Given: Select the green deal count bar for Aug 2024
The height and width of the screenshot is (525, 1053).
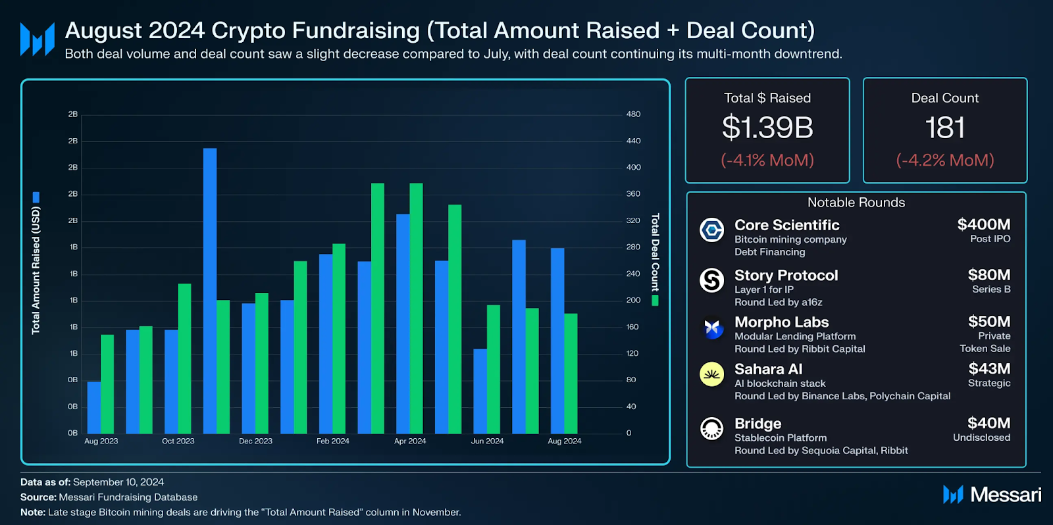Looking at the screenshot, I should [571, 373].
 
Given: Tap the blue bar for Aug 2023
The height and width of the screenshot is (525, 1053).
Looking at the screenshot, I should [94, 407].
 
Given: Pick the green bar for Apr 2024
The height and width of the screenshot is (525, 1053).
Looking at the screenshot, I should [416, 308].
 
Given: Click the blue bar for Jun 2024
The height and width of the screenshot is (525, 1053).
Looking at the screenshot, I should [480, 391].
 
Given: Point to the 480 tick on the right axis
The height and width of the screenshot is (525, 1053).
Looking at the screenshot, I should [633, 114].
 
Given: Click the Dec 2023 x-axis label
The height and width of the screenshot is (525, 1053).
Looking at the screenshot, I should [255, 441].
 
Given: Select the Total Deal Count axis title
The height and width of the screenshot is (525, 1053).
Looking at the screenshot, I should [655, 253].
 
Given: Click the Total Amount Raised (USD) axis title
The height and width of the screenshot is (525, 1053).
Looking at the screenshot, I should [36, 270].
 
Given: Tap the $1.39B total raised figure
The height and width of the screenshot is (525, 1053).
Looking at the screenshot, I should [767, 128].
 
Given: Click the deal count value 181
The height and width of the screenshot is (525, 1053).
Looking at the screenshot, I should [944, 128].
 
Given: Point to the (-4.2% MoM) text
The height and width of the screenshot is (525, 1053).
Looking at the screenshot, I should [944, 160].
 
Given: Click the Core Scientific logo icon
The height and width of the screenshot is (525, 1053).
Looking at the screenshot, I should [711, 230].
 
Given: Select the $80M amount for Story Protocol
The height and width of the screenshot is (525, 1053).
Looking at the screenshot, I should [989, 275].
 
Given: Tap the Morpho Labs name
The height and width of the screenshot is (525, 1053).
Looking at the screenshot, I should [781, 322].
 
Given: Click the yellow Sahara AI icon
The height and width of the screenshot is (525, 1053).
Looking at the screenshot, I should [711, 374].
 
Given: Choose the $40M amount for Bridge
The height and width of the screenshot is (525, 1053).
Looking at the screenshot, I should [989, 423].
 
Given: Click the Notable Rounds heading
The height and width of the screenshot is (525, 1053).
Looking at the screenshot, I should [856, 203].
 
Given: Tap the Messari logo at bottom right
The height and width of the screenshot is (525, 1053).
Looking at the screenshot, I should [992, 495].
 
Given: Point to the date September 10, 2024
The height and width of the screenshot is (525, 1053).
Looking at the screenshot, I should [118, 482].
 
